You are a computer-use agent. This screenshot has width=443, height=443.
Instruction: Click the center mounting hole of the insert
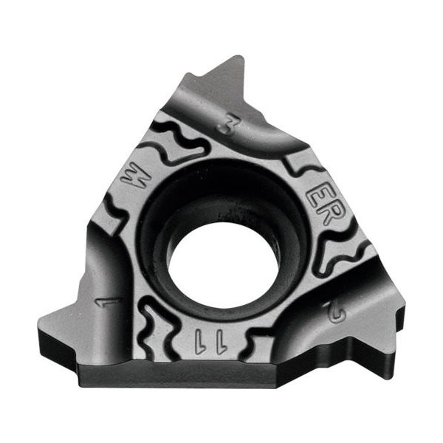[222, 263]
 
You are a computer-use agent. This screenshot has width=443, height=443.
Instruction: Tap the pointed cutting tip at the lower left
[44, 322]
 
